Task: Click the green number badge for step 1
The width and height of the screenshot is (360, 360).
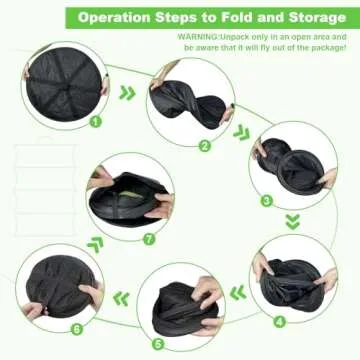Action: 95,121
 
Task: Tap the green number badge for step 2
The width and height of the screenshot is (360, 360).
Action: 205,146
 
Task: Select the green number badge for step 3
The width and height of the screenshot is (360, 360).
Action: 267,201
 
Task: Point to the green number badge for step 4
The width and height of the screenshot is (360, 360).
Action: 280,322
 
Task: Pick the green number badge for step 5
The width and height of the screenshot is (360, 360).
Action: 158,344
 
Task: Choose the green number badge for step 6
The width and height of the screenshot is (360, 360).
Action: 77,329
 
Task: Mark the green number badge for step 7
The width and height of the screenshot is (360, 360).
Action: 149,239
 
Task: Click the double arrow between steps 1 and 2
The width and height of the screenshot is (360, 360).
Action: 127,93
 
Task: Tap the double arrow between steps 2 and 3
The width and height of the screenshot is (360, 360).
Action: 241,133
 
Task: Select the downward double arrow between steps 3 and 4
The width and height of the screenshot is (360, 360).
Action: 293,222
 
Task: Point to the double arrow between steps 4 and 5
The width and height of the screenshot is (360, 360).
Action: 238,293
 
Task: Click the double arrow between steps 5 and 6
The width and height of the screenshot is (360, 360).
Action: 121,298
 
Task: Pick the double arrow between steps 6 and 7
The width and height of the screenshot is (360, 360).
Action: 95,245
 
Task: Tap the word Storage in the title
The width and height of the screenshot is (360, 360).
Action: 317,17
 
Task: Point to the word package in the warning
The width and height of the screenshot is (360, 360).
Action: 328,48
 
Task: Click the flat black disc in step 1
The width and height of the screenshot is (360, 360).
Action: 64,83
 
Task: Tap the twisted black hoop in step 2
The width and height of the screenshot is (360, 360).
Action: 189,102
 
